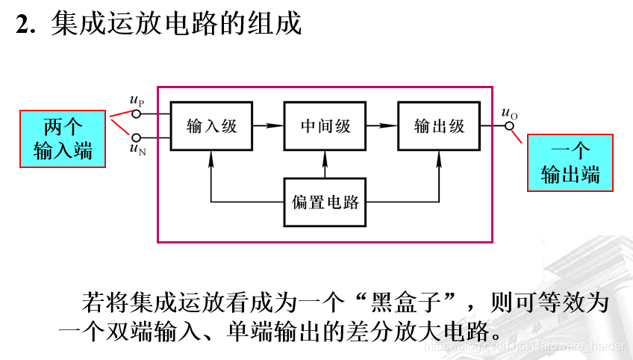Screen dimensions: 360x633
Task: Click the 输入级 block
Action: pyautogui.click(x=211, y=125)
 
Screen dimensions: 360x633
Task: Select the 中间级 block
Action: pyautogui.click(x=325, y=125)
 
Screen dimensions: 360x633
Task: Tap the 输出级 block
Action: pyautogui.click(x=439, y=125)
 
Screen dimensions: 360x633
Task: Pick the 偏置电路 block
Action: pyautogui.click(x=325, y=202)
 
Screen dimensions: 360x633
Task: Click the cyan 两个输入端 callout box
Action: pyautogui.click(x=63, y=138)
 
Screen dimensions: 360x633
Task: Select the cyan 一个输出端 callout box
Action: pyautogui.click(x=570, y=162)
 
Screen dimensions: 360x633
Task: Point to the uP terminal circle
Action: pyautogui.click(x=136, y=114)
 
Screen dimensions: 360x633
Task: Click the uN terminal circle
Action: pyautogui.click(x=136, y=137)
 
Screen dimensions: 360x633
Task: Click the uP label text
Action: pyautogui.click(x=137, y=101)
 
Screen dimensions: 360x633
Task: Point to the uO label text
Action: pyautogui.click(x=510, y=113)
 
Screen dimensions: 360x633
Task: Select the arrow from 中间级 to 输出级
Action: pyautogui.click(x=381, y=125)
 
